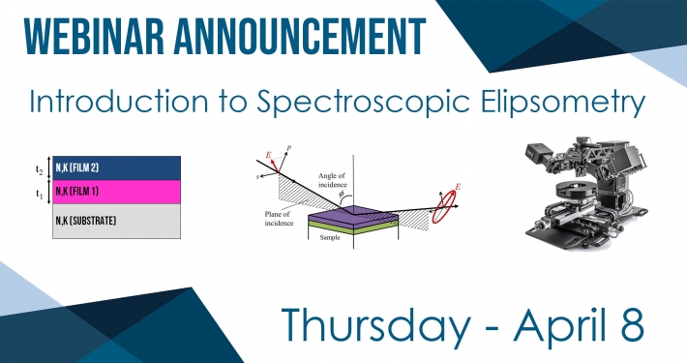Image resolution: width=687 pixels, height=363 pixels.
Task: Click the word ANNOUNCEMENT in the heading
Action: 300,37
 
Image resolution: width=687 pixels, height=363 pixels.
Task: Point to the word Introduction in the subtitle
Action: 119,101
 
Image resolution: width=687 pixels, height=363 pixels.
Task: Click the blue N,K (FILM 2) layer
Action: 116,167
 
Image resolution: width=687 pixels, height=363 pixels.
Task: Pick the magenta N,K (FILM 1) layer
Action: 116,192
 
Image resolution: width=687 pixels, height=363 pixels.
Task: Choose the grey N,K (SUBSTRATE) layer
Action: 116,221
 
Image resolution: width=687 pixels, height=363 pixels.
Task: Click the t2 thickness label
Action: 40,169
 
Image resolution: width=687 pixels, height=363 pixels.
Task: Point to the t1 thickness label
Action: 40,193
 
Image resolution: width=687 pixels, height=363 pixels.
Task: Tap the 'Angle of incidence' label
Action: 332,180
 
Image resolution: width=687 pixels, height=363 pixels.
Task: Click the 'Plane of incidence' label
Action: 279,219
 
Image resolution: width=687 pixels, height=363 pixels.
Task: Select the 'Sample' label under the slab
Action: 330,237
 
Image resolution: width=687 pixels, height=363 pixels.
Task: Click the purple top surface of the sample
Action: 353,214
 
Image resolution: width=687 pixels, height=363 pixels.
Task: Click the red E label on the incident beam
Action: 268,155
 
